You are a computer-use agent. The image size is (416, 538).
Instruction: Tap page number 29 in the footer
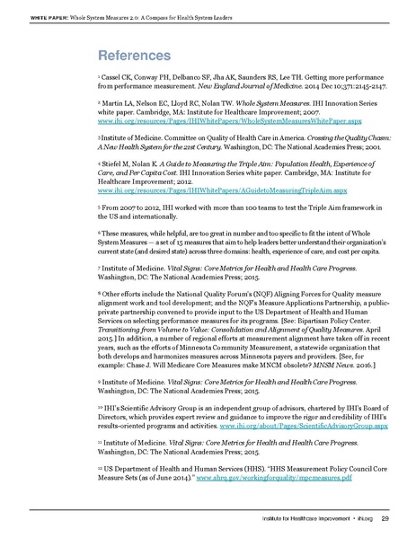[383, 516]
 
